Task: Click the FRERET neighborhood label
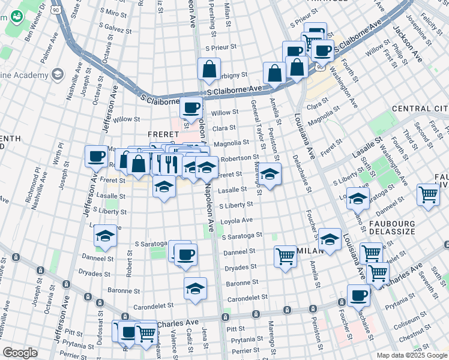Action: (165, 133)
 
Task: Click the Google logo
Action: (20, 353)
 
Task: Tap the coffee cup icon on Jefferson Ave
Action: (96, 157)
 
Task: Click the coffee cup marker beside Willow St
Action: (191, 108)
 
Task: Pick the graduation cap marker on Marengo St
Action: (270, 174)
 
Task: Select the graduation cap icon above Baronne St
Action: (195, 289)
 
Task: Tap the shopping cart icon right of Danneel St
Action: (286, 256)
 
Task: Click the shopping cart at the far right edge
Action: (429, 194)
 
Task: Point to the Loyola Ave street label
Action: (238, 220)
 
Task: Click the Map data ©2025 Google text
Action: (411, 355)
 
